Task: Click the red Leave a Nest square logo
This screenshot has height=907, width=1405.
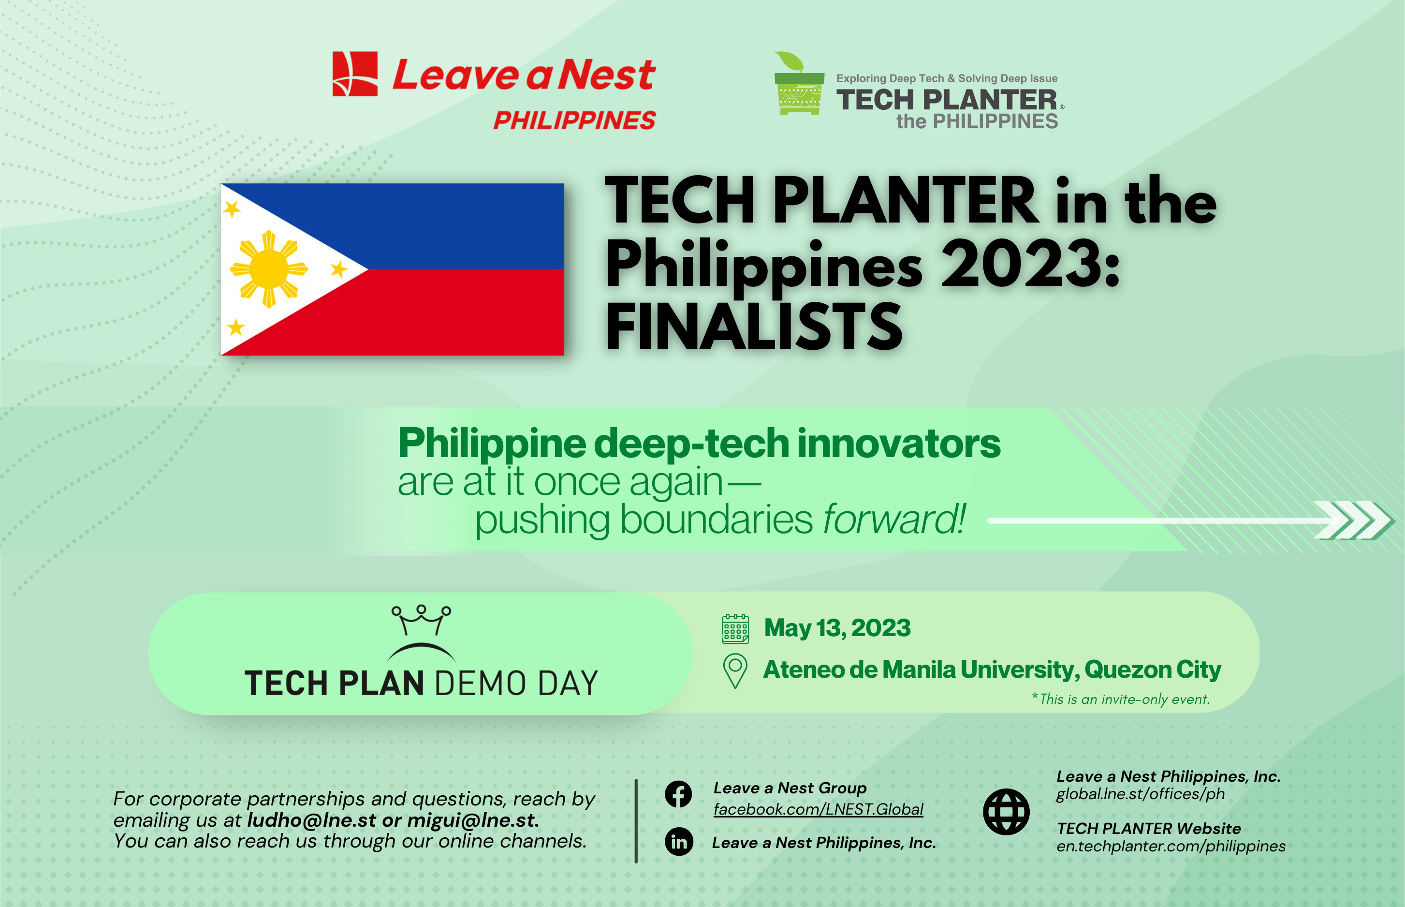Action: (355, 74)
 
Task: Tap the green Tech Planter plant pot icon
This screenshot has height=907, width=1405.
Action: (799, 86)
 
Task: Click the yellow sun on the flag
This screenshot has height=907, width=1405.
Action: (269, 269)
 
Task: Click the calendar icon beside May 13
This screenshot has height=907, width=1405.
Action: (735, 628)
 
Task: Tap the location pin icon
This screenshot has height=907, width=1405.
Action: (735, 670)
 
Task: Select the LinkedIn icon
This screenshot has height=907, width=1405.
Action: (679, 842)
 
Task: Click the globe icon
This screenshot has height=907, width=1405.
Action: (1006, 812)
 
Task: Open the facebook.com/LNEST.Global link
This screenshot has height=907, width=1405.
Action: (818, 809)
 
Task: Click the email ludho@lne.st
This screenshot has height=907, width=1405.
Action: (311, 820)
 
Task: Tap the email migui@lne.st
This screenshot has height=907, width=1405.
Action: (471, 820)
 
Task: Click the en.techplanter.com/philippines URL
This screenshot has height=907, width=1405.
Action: (1171, 847)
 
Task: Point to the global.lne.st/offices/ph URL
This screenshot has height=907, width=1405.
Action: (1140, 794)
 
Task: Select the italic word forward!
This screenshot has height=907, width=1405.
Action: (893, 520)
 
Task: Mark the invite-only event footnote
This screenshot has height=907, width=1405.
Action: (1121, 699)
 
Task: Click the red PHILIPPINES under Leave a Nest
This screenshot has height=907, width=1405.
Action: (574, 121)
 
